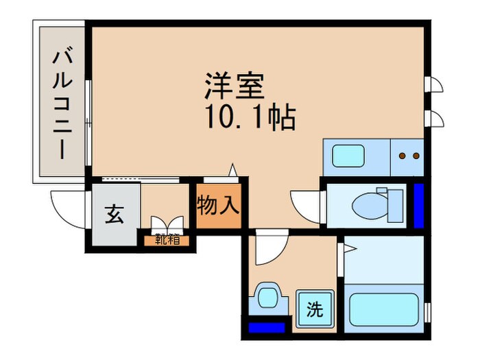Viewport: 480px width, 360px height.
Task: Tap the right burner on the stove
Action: pyautogui.click(x=416, y=156)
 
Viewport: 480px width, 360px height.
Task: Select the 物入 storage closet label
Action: pyautogui.click(x=219, y=204)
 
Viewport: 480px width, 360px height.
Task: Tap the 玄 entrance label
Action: pyautogui.click(x=114, y=215)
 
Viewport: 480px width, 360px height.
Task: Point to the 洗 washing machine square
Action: pyautogui.click(x=313, y=308)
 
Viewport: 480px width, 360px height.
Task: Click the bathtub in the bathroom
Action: pyautogui.click(x=385, y=309)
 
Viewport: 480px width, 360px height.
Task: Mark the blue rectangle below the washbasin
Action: pyautogui.click(x=266, y=327)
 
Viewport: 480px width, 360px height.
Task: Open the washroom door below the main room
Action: pyautogui.click(x=267, y=251)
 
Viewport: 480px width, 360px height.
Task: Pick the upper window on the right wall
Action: pyautogui.click(x=434, y=86)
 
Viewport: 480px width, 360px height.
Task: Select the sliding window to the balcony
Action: pyautogui.click(x=89, y=123)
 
